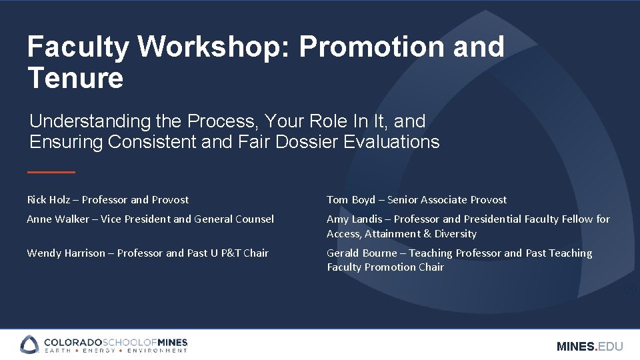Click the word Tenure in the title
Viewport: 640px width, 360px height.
click(75, 78)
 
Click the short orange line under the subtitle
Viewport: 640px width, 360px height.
click(51, 172)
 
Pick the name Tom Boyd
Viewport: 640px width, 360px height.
click(351, 199)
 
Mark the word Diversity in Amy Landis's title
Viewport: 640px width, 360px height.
click(455, 233)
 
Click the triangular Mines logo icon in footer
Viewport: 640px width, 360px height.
click(30, 345)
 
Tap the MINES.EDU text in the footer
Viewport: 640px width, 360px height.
click(589, 346)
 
